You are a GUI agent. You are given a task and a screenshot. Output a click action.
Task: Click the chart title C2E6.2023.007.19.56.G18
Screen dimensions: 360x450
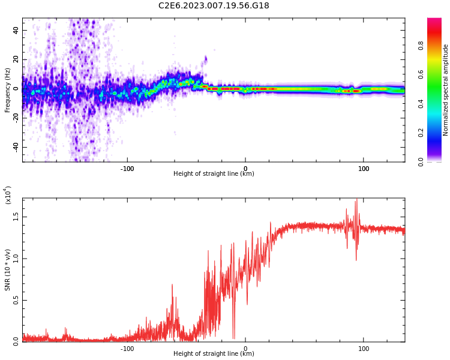tap(214, 6)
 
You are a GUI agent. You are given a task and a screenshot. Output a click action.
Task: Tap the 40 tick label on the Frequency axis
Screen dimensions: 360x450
tap(16, 30)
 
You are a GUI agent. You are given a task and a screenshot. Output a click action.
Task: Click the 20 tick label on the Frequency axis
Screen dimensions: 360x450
tap(16, 59)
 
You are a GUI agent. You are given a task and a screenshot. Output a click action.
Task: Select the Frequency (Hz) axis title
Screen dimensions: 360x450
tap(8, 90)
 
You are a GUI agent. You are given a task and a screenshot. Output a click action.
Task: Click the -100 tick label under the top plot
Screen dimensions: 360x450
tap(127, 168)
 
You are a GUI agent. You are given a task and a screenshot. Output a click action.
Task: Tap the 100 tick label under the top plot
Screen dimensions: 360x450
tap(364, 168)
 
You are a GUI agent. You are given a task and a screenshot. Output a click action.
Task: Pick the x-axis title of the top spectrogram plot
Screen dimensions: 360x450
tap(214, 174)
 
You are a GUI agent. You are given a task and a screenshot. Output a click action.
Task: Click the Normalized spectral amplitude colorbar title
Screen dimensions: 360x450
tap(446, 90)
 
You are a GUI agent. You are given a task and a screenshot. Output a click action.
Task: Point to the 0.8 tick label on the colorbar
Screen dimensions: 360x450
tap(437, 45)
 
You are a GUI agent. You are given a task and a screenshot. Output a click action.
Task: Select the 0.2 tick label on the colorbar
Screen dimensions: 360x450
tap(437, 133)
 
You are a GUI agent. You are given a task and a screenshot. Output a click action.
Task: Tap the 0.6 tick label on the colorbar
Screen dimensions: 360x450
tap(437, 74)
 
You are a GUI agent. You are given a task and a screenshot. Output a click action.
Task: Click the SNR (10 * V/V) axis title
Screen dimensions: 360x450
tap(8, 270)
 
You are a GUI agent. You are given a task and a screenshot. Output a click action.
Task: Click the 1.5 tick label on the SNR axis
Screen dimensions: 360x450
tap(16, 217)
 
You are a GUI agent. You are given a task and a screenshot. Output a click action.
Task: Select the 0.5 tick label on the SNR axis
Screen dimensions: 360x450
tap(16, 301)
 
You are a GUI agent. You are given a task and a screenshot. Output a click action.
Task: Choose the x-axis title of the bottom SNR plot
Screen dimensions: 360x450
tap(214, 354)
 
